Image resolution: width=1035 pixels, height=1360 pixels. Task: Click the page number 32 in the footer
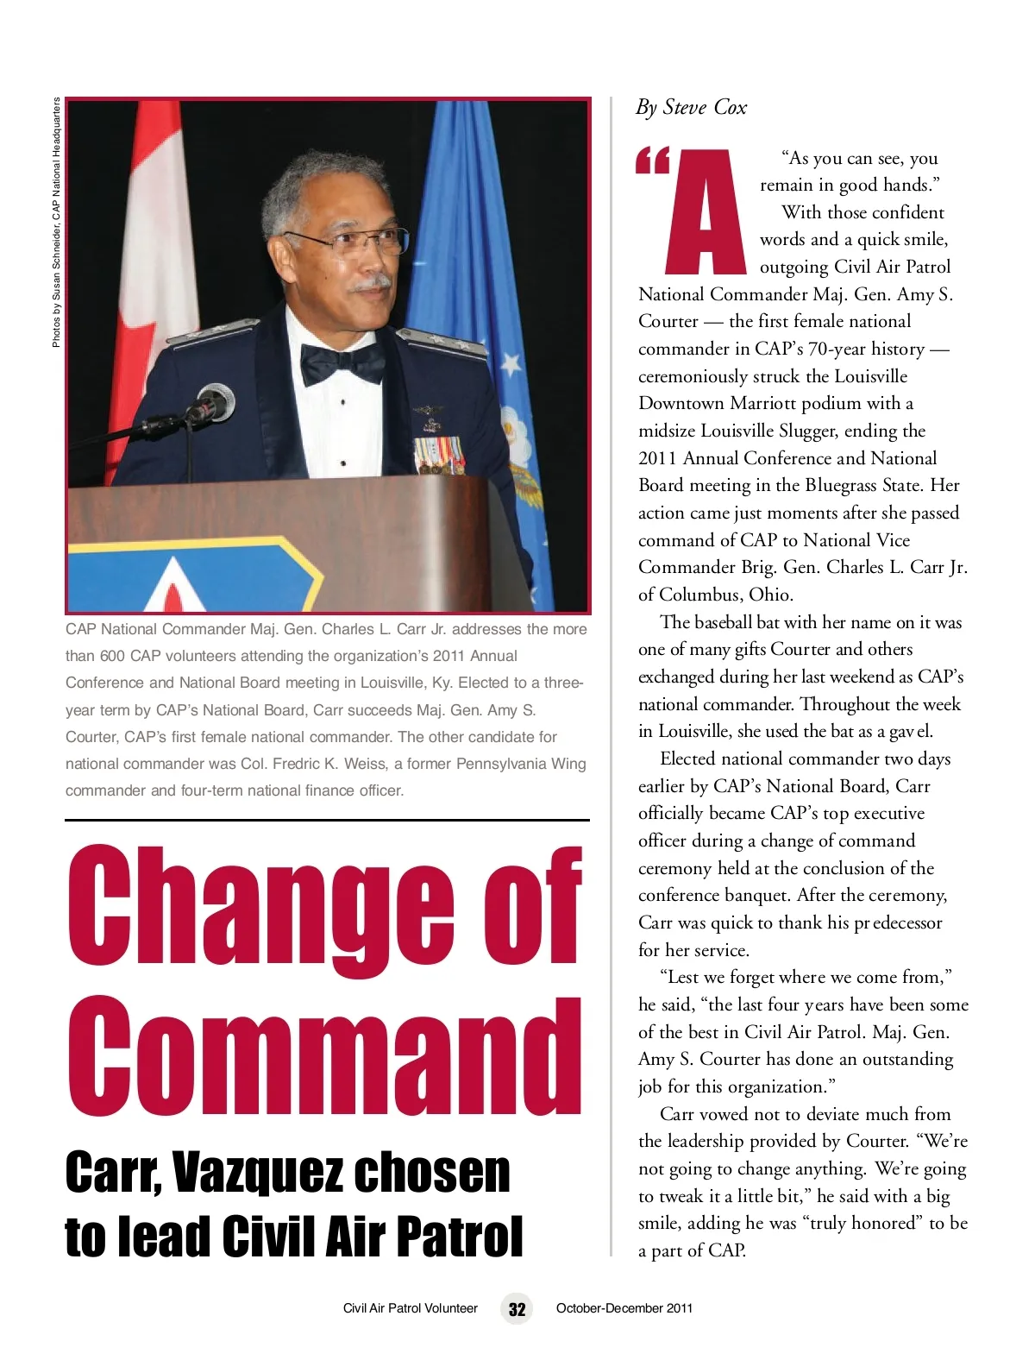(x=517, y=1309)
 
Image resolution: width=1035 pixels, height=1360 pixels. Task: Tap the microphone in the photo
(x=212, y=405)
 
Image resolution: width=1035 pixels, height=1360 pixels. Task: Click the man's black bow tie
(x=342, y=363)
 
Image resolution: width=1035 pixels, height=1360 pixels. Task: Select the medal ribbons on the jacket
(x=440, y=454)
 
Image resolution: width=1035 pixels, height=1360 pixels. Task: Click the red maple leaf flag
(x=155, y=259)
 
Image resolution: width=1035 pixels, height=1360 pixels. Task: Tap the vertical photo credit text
(x=56, y=223)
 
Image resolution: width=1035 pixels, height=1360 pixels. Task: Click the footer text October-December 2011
(x=624, y=1308)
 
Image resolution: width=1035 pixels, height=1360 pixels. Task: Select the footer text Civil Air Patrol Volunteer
(x=410, y=1308)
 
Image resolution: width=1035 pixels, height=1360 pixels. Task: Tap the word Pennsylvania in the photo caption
(x=508, y=764)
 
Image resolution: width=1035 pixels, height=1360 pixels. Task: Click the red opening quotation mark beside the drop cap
(x=652, y=161)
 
